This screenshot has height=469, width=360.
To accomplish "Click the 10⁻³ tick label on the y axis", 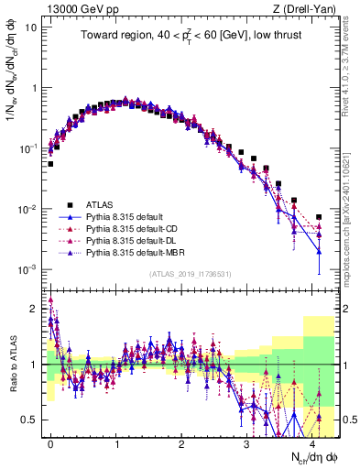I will [28, 269].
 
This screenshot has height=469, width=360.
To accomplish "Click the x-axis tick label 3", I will [246, 442].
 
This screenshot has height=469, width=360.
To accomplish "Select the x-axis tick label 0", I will [50, 442].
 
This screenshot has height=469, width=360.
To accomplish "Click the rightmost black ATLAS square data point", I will [319, 217].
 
